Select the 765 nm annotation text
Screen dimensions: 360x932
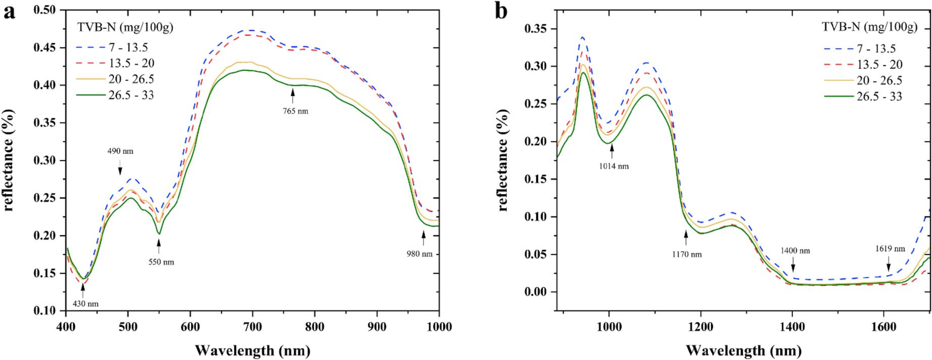pyautogui.click(x=294, y=111)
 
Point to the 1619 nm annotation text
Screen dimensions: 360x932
pyautogui.click(x=891, y=249)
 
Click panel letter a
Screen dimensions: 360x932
pyautogui.click(x=9, y=12)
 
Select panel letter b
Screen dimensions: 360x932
pyautogui.click(x=501, y=11)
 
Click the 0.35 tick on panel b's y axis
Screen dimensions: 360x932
pyautogui.click(x=537, y=29)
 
